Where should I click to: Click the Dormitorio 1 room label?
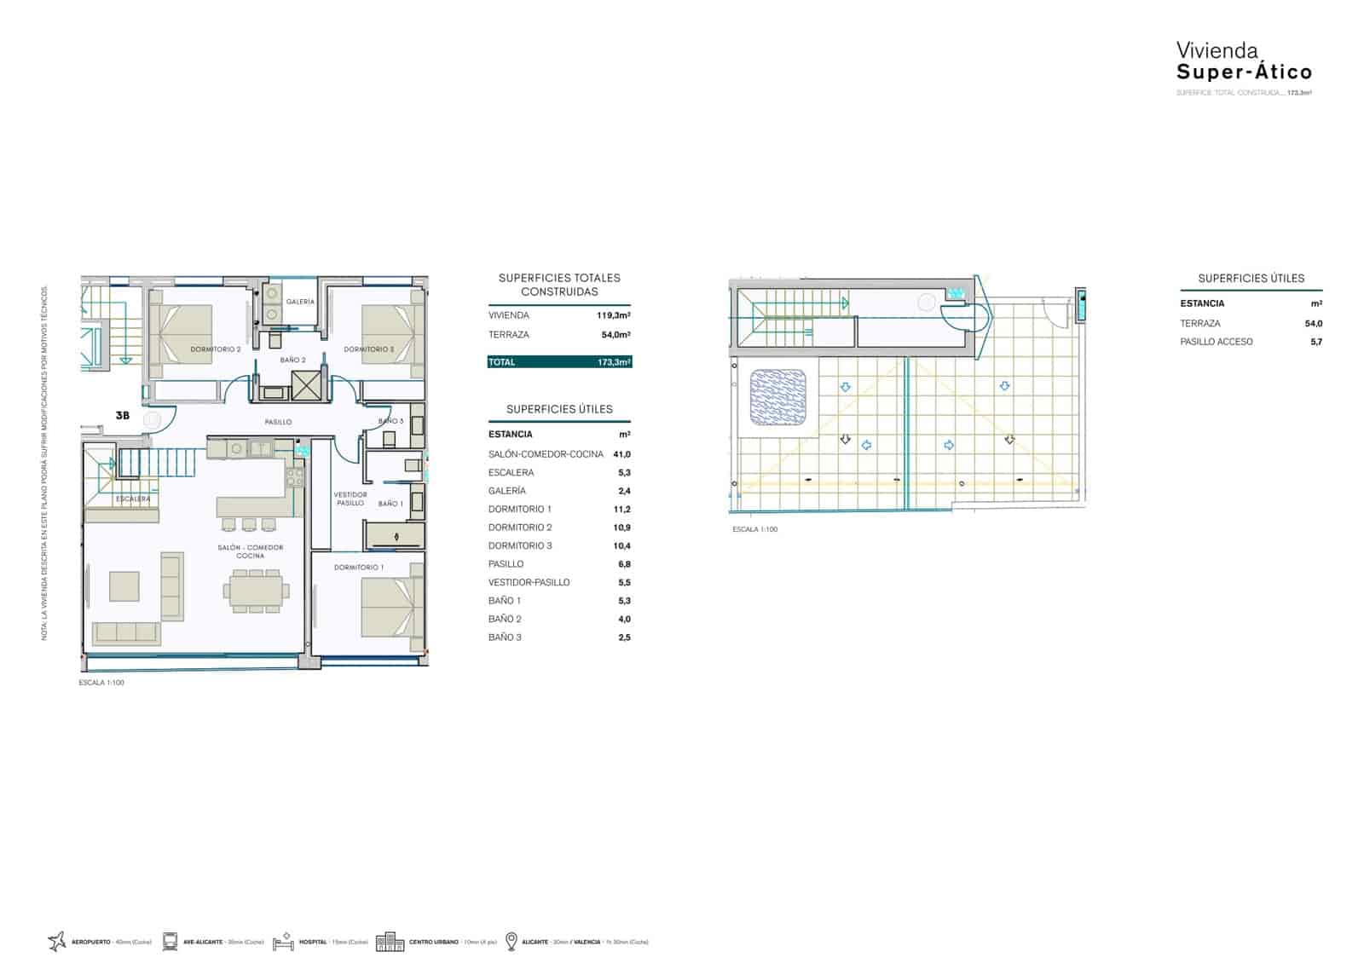click(x=358, y=568)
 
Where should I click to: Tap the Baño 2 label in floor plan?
click(x=292, y=360)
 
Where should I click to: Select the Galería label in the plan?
click(x=300, y=302)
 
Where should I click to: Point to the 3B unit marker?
click(x=123, y=416)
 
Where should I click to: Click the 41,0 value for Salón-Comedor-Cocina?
click(x=621, y=454)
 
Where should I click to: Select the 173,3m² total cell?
click(x=614, y=362)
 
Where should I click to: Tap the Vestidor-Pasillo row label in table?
click(x=529, y=583)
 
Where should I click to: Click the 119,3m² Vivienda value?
click(x=613, y=315)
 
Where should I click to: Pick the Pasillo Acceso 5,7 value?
click(x=1316, y=342)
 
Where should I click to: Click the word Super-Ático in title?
click(x=1244, y=72)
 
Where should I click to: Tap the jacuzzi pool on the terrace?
click(x=777, y=397)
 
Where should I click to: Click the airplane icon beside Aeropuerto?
click(x=57, y=942)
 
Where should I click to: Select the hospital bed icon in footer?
click(x=283, y=942)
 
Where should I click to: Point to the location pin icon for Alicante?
click(x=511, y=942)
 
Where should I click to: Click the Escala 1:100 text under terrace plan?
click(x=754, y=529)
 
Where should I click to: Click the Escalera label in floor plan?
click(x=133, y=499)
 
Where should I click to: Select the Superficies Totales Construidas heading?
click(x=559, y=285)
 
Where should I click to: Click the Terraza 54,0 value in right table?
click(x=1314, y=324)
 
